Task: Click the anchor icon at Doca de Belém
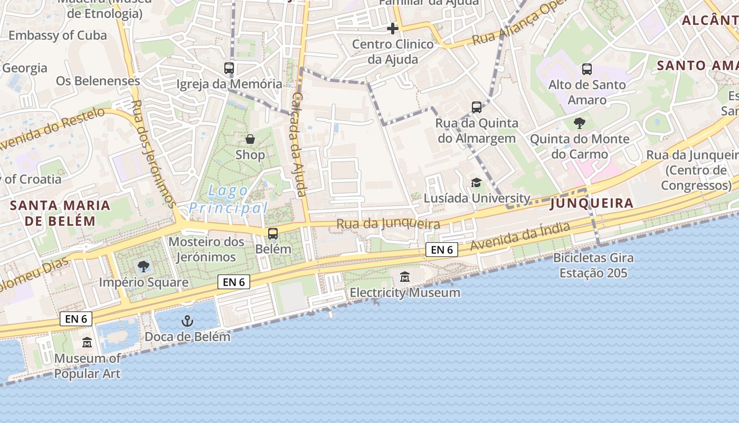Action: (187, 321)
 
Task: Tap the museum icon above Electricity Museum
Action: (405, 277)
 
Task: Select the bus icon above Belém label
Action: (273, 233)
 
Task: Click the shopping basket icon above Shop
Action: (250, 139)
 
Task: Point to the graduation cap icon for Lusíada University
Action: (477, 182)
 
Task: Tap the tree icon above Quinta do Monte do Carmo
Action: (580, 123)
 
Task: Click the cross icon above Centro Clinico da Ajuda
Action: (393, 28)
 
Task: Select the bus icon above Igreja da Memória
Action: (229, 68)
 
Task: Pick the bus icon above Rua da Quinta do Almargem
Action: (477, 107)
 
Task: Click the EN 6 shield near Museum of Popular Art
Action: (77, 318)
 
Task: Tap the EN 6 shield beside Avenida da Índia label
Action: (441, 250)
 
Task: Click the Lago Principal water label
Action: (229, 199)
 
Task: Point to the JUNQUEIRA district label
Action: (591, 203)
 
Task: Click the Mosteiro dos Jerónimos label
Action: (206, 249)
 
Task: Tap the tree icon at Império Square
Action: (143, 266)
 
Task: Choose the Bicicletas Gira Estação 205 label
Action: (593, 265)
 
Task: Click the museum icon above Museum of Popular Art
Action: (87, 343)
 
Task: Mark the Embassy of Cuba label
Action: (58, 35)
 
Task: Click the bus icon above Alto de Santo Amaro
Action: (586, 69)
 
